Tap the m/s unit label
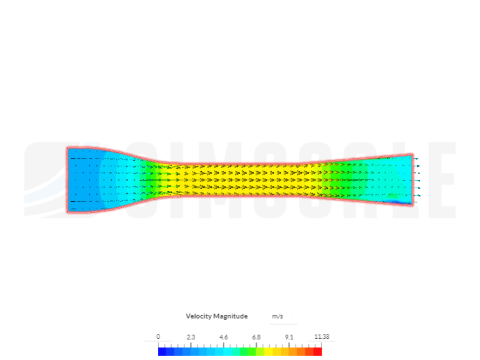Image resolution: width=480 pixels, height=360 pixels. point(278,316)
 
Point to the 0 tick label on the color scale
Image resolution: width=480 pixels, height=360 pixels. point(158,337)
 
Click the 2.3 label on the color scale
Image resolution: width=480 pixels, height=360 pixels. point(191,337)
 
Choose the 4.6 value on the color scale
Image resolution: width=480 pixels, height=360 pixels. point(224,337)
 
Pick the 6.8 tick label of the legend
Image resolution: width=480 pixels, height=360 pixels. point(256,337)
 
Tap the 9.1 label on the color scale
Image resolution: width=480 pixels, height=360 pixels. point(289,337)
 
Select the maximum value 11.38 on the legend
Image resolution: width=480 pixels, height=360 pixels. point(322,337)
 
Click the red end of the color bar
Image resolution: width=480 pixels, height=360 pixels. point(317,351)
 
